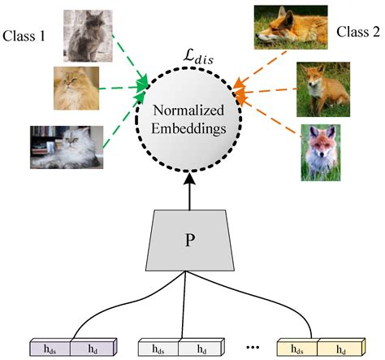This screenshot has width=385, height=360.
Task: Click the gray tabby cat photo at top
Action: pyautogui.click(x=85, y=33)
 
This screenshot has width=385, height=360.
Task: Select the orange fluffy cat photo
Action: pyautogui.click(x=76, y=87)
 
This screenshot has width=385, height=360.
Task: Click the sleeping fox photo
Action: pyautogui.click(x=287, y=27)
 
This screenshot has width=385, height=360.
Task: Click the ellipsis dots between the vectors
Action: pyautogui.click(x=252, y=347)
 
